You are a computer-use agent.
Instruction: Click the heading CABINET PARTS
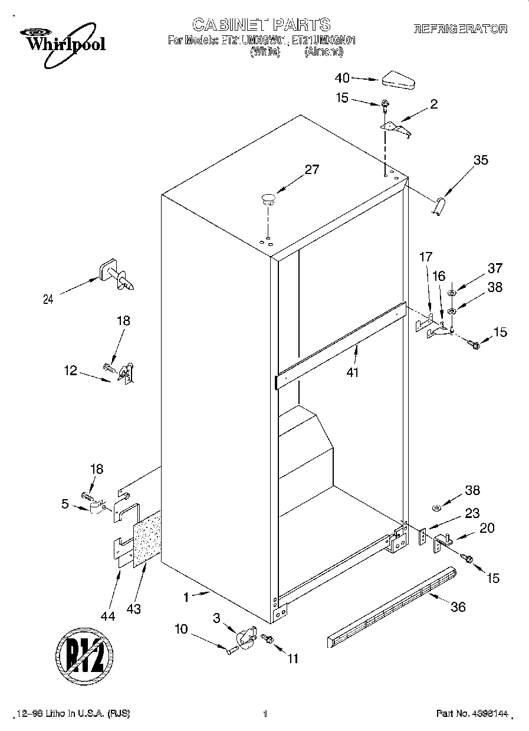[261, 24]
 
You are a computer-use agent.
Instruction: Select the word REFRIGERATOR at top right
[461, 28]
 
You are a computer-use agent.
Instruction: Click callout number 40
[342, 78]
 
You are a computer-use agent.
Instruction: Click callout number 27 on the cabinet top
[311, 170]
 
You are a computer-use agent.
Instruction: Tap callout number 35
[481, 160]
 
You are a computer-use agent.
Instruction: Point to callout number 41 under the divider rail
[353, 372]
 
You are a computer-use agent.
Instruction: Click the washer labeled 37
[452, 293]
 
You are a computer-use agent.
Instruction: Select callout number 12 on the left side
[70, 370]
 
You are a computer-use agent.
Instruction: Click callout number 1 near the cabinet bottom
[186, 597]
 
